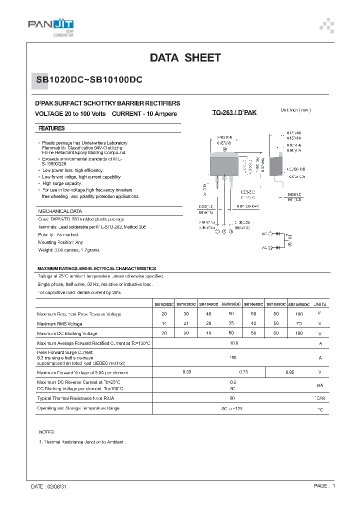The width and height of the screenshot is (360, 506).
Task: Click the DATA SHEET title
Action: (185, 58)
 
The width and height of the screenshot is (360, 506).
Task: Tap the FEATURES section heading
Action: (51, 128)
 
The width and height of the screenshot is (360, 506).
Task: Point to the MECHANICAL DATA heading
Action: (60, 211)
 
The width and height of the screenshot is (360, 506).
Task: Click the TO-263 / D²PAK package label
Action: (234, 113)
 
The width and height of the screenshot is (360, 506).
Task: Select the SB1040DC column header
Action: (209, 304)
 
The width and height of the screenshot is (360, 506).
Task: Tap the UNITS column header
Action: (320, 304)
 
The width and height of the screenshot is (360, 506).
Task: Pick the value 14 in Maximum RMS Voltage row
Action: (164, 323)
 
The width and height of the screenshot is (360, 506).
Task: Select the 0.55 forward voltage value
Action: (187, 372)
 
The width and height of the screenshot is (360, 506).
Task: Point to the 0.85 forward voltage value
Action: (290, 372)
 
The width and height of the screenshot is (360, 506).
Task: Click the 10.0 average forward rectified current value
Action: (233, 343)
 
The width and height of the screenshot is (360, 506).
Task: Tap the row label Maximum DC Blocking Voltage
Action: (67, 333)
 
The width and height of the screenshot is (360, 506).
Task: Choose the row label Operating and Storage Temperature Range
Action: (78, 408)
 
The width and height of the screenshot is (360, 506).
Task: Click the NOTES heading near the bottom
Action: (46, 432)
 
